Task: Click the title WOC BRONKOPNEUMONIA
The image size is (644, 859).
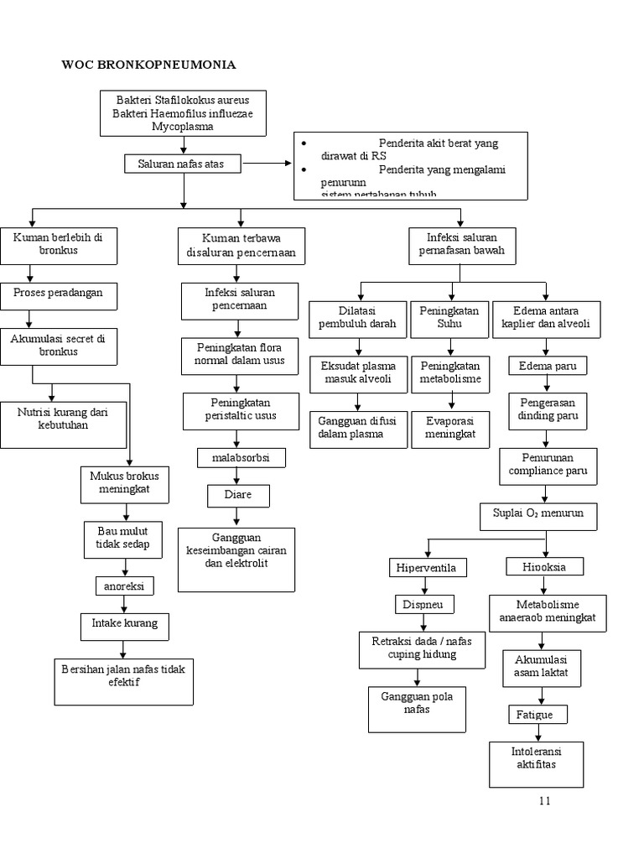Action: pyautogui.click(x=149, y=65)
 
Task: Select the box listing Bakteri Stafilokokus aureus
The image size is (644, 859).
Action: pyautogui.click(x=183, y=113)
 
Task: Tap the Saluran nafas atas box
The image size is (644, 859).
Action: pyautogui.click(x=182, y=164)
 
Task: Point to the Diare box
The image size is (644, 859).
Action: pyautogui.click(x=238, y=496)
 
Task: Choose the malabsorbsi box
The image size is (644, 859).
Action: pyautogui.click(x=241, y=458)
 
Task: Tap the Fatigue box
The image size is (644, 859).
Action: pyautogui.click(x=537, y=715)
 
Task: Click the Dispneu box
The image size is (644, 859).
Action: pyautogui.click(x=424, y=604)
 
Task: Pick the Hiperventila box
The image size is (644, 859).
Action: pyautogui.click(x=428, y=568)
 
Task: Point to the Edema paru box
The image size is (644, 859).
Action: pyautogui.click(x=548, y=367)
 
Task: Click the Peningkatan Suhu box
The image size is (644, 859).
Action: pyautogui.click(x=449, y=318)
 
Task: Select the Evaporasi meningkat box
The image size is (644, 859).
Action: pyautogui.click(x=449, y=428)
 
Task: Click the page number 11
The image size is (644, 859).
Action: pyautogui.click(x=545, y=800)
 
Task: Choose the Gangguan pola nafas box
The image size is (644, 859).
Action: pyautogui.click(x=417, y=709)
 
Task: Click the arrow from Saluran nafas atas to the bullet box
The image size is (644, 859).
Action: pyautogui.click(x=267, y=164)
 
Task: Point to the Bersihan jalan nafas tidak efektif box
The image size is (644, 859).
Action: pyautogui.click(x=124, y=679)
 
